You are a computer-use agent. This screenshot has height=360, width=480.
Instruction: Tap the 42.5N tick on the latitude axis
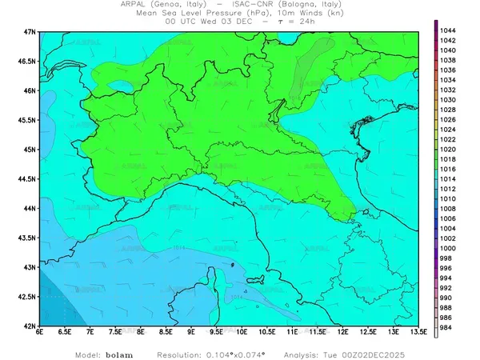(x=29, y=297)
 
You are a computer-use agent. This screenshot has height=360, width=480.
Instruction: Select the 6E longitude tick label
(x=40, y=332)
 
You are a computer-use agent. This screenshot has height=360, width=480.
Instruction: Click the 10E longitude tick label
(x=242, y=332)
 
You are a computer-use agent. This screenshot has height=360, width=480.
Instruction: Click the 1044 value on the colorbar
(x=448, y=30)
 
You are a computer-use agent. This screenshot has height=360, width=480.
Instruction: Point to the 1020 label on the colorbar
(x=448, y=149)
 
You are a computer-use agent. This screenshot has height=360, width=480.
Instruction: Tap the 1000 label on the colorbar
(x=448, y=248)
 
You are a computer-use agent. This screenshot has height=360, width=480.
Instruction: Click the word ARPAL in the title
(x=134, y=4)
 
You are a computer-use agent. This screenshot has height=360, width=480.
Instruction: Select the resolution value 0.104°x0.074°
(x=232, y=353)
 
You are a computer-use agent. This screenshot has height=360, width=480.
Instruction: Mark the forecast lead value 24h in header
(x=304, y=22)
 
